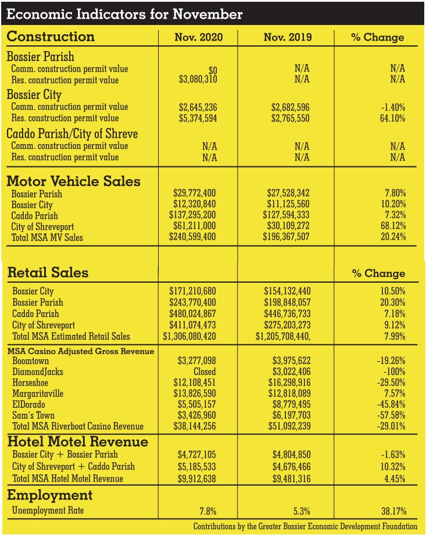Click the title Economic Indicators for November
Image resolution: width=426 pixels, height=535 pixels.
pyautogui.click(x=124, y=14)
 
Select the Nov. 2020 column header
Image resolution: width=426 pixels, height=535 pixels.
pyautogui.click(x=198, y=37)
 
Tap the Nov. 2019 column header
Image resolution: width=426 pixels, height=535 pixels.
pyautogui.click(x=287, y=37)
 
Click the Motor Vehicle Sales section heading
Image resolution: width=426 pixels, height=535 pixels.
pyautogui.click(x=74, y=181)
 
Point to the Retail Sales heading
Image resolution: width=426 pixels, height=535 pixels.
pyautogui.click(x=48, y=272)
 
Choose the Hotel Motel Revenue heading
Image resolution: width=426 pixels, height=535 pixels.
pyautogui.click(x=78, y=441)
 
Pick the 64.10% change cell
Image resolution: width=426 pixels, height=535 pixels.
pyautogui.click(x=392, y=118)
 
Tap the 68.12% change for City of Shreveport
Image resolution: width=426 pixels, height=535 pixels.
pyautogui.click(x=392, y=226)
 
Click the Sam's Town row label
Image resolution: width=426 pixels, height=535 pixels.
pyautogui.click(x=33, y=415)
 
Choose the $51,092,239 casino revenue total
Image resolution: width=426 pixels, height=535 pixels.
pyautogui.click(x=291, y=426)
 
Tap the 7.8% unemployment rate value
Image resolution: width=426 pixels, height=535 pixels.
pyautogui.click(x=207, y=511)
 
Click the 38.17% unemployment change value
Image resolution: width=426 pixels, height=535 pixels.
pyautogui.click(x=392, y=511)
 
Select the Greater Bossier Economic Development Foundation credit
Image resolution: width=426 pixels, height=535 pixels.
pyautogui.click(x=306, y=526)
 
